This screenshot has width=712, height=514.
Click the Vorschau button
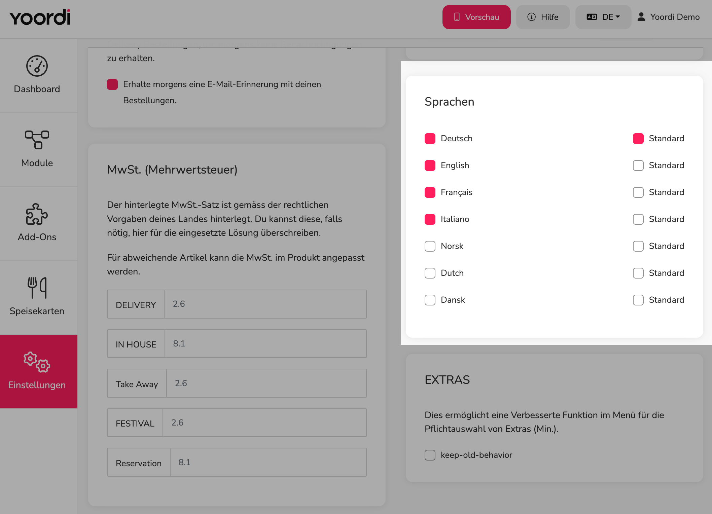[x=476, y=17]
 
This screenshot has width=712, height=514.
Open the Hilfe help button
[x=543, y=17]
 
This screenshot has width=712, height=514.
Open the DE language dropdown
[x=603, y=17]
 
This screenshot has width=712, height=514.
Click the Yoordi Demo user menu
[x=669, y=17]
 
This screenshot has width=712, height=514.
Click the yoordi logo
[x=40, y=17]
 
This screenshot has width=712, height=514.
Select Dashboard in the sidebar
[x=37, y=75]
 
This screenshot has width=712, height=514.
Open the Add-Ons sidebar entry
[x=37, y=223]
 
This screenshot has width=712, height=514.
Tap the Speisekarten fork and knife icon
[x=37, y=288]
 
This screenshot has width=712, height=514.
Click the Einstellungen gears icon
[x=37, y=362]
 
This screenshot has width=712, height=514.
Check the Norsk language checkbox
[x=430, y=246]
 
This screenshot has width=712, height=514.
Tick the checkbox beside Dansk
[x=430, y=300]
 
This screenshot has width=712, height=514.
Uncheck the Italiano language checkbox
[x=430, y=219]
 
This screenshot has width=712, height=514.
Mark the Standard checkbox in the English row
[x=638, y=166]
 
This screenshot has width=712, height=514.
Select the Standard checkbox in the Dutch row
[x=638, y=273]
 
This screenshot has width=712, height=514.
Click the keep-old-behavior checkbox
[x=430, y=455]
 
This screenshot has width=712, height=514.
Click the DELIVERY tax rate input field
[x=265, y=304]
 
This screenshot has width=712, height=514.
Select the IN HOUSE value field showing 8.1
[x=265, y=343]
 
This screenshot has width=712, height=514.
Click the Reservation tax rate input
[x=268, y=462]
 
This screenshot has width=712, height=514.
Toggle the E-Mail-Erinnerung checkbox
[x=112, y=84]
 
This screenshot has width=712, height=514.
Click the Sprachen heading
[x=450, y=102]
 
